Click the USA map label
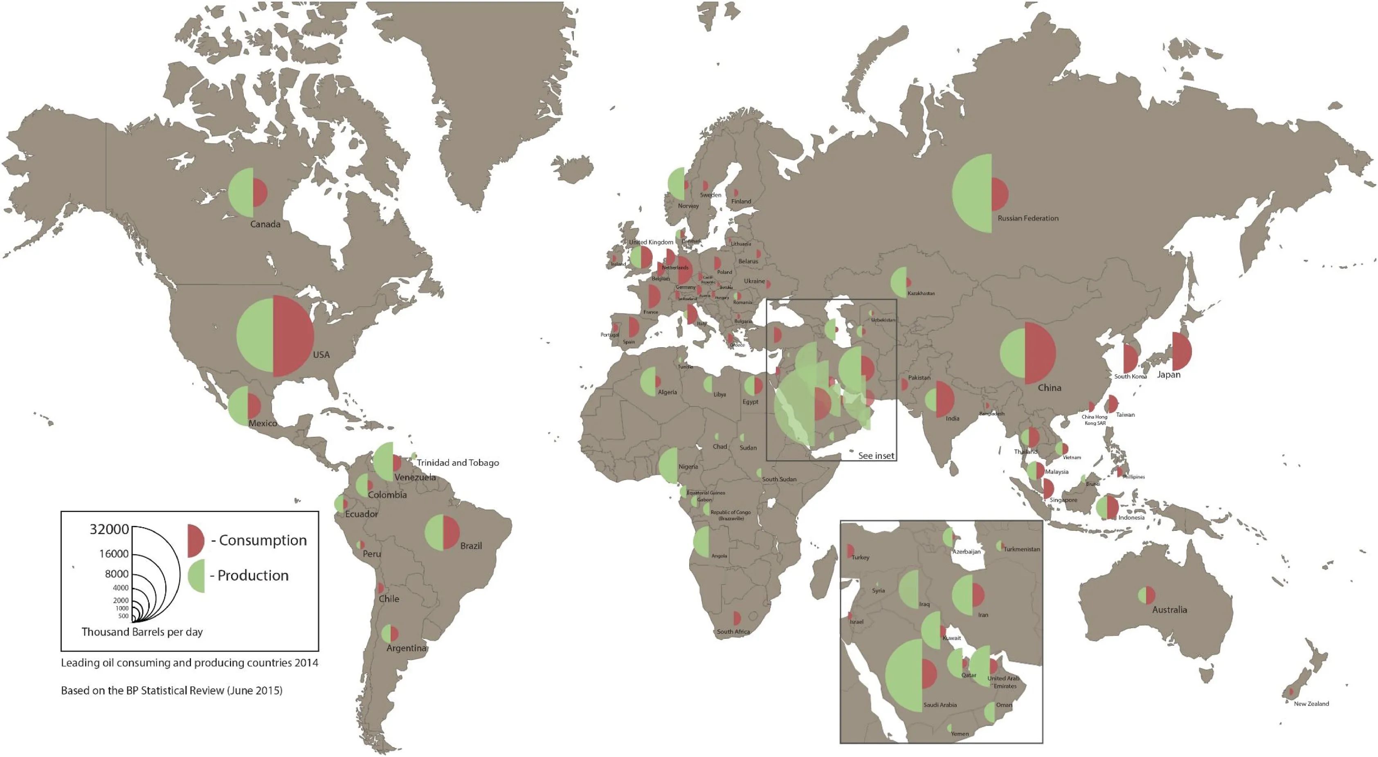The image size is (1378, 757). pos(321,355)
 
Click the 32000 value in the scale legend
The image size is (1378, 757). pos(109,529)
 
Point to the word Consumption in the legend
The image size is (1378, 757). pos(263,540)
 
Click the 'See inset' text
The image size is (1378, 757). pos(876,456)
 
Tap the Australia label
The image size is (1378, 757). pos(1169,610)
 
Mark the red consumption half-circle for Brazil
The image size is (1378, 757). pos(450,532)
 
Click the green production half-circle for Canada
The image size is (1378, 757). pos(242,193)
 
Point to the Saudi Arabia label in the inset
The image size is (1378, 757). pos(940,705)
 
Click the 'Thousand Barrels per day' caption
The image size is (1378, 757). pos(142,632)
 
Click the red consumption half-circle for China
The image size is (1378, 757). pos(1039,353)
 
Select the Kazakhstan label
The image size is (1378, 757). pos(921,294)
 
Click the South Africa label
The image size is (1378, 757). pos(733,632)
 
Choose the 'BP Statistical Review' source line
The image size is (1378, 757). pos(171,691)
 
